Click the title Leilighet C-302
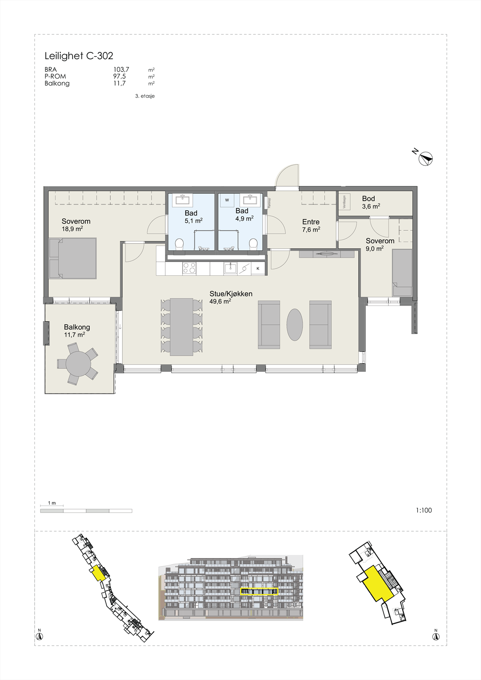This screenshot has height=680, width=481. [79, 56]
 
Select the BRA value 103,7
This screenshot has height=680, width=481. [121, 69]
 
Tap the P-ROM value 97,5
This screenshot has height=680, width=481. [119, 76]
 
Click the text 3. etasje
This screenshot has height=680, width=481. [145, 96]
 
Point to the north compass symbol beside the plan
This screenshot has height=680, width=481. [426, 159]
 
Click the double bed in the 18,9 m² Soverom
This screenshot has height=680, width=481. [73, 258]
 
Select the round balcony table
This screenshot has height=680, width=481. [78, 364]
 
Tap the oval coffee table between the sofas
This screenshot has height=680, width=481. [294, 324]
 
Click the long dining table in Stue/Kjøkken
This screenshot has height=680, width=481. [181, 327]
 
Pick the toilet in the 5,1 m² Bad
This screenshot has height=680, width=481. [179, 244]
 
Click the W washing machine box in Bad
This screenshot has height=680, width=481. [227, 200]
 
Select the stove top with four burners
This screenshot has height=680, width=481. [189, 268]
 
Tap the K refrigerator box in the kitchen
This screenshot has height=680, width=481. [258, 269]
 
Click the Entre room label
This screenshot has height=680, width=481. [311, 222]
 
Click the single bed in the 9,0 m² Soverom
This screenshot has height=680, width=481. [402, 272]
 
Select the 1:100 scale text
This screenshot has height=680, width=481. [423, 510]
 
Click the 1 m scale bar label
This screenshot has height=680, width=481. [52, 503]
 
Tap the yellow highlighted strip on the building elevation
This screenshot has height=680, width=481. [259, 591]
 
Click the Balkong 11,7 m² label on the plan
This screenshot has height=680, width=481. [76, 331]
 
